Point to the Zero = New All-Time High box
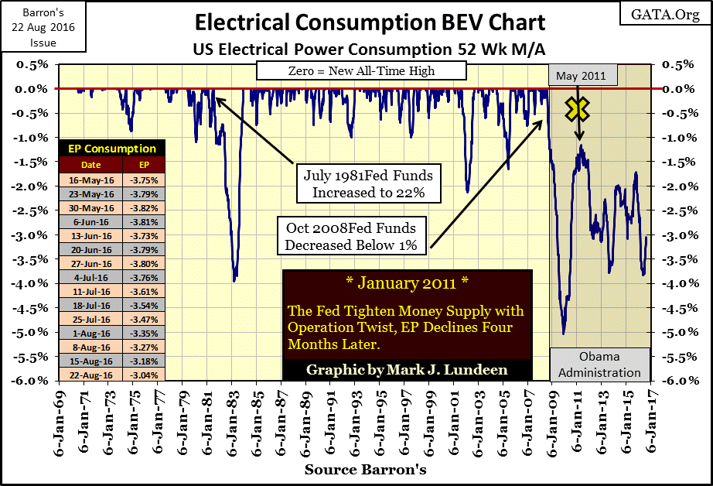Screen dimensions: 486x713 pos(362,71)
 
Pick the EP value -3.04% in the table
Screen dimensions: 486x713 pos(143,375)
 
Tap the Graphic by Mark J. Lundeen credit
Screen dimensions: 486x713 pos(407,369)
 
